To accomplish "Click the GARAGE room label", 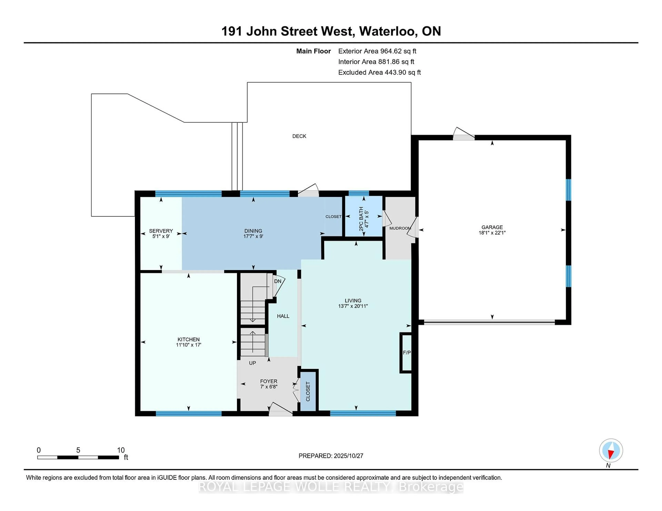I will coord(492,227).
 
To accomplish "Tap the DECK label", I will coord(299,136).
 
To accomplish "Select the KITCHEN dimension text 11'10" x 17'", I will coord(189,345).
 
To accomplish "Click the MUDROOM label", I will coord(400,228).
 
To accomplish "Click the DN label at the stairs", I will coord(278,281).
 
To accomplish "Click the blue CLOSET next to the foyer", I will coord(308,391).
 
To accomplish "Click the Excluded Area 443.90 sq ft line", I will coord(379,72).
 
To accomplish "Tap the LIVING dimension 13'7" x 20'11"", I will coord(353,306).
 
